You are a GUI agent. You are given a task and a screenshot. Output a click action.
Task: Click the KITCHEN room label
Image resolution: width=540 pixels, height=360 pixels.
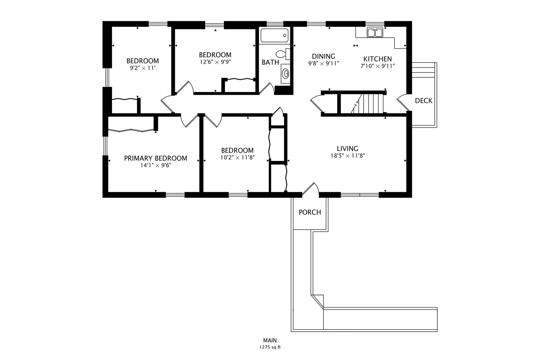(x=377, y=59)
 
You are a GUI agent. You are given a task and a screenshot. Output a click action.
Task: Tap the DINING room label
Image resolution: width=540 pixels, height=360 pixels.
(x=323, y=56)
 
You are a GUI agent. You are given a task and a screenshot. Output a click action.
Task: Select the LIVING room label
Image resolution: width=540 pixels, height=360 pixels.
(x=347, y=148)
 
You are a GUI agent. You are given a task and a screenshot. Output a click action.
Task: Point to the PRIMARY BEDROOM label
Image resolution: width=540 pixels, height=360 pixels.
(x=155, y=158)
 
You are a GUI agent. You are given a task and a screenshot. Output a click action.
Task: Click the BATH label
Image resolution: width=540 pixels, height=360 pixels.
(x=270, y=62)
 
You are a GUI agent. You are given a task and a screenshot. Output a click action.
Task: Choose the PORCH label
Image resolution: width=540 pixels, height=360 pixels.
(x=310, y=212)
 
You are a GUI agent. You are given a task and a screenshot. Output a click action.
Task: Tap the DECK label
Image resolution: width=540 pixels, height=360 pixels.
(x=424, y=101)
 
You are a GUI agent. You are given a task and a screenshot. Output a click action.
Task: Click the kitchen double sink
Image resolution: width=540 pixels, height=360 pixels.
(x=375, y=32)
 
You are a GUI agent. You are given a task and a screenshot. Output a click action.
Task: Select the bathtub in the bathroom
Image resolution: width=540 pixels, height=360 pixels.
(x=274, y=36)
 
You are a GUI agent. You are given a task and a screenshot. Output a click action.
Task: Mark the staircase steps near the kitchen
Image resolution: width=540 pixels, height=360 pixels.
(x=371, y=103)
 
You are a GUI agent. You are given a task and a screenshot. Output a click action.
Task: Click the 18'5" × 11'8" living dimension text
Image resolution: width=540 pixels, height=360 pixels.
(x=347, y=156)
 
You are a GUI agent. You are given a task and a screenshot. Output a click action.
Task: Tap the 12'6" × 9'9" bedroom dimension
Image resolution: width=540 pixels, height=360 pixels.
(x=215, y=62)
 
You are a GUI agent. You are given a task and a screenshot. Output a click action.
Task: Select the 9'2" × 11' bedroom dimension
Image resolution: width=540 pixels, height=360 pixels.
(x=142, y=68)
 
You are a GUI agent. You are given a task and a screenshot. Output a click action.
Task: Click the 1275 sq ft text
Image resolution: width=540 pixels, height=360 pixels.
(x=270, y=347)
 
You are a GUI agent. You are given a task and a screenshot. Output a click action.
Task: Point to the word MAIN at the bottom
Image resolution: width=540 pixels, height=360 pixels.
(x=270, y=340)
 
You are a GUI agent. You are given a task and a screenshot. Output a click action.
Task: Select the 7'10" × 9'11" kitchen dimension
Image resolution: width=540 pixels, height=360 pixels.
(x=378, y=66)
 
